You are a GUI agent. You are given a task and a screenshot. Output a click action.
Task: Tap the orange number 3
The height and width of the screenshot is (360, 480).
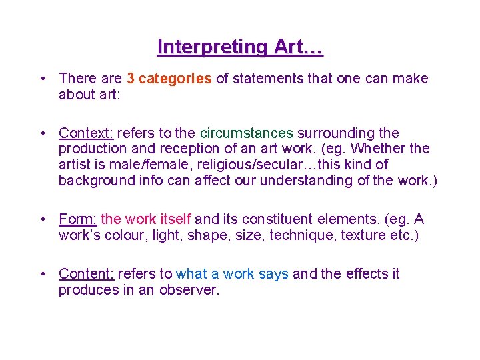[131, 79]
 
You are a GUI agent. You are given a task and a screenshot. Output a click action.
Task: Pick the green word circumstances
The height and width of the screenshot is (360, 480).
[247, 133]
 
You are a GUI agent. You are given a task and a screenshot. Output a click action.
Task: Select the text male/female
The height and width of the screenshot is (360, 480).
[150, 164]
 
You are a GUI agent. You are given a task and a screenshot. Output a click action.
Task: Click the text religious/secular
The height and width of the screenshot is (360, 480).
[263, 164]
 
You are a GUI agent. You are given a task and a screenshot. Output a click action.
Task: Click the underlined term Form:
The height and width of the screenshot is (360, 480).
[77, 219]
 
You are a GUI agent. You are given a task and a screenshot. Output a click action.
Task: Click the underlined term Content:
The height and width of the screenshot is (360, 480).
[87, 274]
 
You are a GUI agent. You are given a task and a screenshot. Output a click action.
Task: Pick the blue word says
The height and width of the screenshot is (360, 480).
[273, 274]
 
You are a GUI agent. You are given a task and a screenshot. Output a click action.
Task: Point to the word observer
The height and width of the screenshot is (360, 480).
[189, 290]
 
